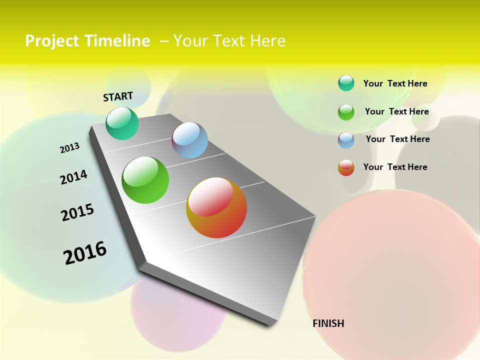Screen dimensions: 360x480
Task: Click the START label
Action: (118, 96)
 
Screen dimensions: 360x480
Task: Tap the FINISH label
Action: (328, 323)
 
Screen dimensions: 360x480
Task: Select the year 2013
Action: (69, 148)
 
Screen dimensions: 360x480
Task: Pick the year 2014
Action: (73, 177)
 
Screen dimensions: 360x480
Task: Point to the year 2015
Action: (77, 212)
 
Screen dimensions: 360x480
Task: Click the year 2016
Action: (85, 252)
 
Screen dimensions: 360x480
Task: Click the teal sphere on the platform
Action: (122, 123)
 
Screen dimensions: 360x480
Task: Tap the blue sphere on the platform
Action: (190, 140)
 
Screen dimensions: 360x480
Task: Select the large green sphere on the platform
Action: (145, 180)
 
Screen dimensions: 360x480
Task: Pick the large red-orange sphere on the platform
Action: (216, 207)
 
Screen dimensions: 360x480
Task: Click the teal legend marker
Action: (346, 83)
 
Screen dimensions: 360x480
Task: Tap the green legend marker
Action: (346, 112)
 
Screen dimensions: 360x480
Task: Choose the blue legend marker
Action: (346, 140)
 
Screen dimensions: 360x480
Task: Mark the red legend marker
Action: (346, 167)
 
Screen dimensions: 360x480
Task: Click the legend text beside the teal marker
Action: (395, 83)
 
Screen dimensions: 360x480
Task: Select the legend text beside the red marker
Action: (395, 167)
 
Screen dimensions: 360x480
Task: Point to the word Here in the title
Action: (267, 40)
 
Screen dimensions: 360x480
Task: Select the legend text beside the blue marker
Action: (397, 139)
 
